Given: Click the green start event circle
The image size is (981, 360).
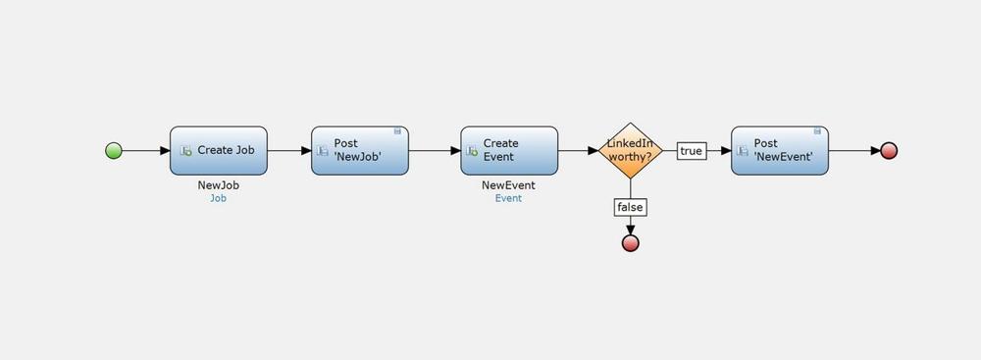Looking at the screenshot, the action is point(113,151).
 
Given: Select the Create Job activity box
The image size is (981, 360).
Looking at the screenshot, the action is point(219,151).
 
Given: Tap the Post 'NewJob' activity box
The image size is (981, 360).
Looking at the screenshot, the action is point(360,151).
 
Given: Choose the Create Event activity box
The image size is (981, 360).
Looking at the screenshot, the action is point(509,151).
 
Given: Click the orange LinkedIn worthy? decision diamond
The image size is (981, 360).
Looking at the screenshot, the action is point(630,151).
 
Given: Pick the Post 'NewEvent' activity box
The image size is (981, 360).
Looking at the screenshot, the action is point(780,151).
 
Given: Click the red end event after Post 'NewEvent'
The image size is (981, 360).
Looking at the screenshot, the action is point(889,151).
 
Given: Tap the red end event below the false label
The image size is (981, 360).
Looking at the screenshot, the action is point(630,243).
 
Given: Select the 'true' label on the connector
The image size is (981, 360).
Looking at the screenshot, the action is point(692,151).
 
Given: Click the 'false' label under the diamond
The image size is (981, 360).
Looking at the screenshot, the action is point(630,207).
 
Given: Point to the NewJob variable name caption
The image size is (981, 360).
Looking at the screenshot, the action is point(219,185).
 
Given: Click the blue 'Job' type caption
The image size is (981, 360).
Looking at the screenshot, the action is point(219,198).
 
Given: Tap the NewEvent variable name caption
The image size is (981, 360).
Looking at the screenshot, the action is point(508,185).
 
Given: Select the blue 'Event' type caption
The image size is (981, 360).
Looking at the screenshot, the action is point(508,198).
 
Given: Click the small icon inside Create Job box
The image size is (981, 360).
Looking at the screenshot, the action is point(185,151).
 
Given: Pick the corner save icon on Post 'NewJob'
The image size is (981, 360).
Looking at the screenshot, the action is point(397,130).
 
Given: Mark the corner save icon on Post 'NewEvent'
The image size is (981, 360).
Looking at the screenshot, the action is point(817,130).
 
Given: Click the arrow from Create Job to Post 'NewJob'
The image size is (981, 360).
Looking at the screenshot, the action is point(289,151).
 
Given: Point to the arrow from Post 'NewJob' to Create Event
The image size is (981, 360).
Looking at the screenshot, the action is point(435,151).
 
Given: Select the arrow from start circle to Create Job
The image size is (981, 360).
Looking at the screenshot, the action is point(146,151).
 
